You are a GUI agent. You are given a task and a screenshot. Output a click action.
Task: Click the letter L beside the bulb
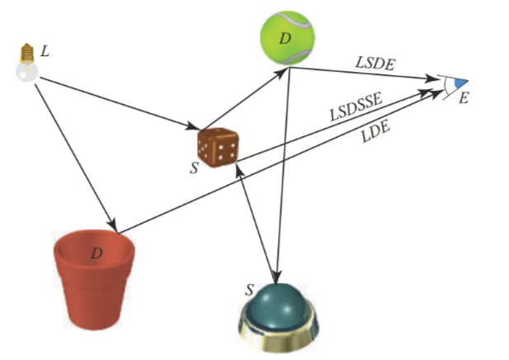45,51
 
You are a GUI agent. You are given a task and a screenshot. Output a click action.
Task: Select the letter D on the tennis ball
285,39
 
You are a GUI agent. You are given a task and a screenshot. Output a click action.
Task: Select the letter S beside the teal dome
248,290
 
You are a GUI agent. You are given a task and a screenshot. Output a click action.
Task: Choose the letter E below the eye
463,98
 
